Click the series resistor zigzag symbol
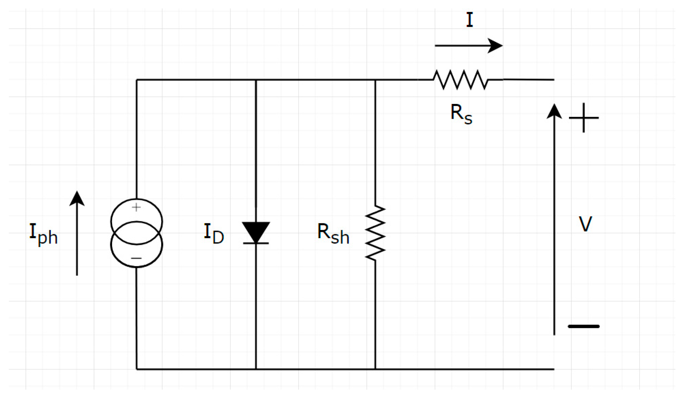tap(460, 80)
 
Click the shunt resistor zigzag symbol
tap(375, 233)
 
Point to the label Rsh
tap(333, 234)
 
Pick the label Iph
tap(43, 234)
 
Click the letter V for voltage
tap(585, 224)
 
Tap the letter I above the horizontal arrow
tap(469, 20)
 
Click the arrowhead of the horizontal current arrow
tap(496, 45)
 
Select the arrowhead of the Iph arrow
tap(77, 198)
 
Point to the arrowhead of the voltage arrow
tap(554, 111)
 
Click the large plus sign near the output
tap(584, 118)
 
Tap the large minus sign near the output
tap(583, 326)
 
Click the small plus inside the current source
tap(136, 207)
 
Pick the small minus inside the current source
tap(136, 258)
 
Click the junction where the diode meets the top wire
tap(256, 80)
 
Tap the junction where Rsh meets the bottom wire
tap(375, 369)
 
